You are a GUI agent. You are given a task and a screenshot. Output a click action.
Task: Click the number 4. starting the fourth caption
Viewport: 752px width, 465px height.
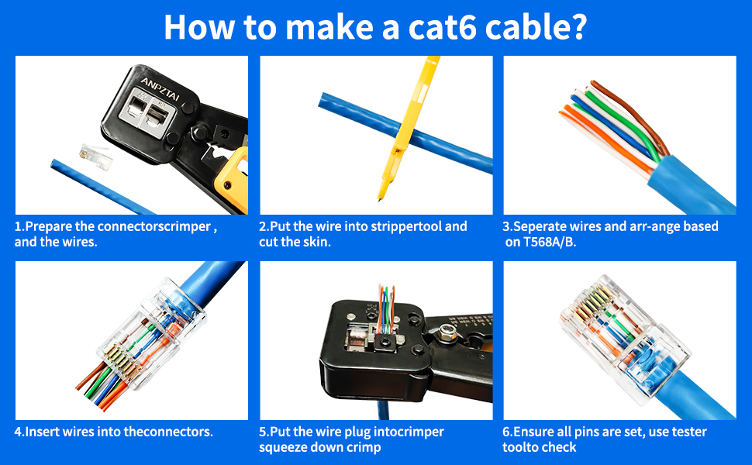[x=19, y=432]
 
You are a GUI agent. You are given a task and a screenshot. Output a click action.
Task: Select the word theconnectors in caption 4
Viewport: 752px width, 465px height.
[x=170, y=432]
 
